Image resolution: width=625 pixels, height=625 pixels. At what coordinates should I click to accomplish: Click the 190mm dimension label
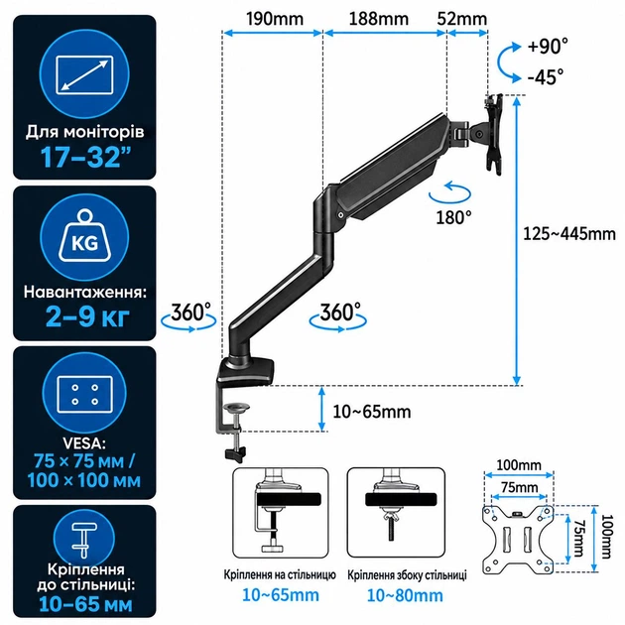[x=275, y=19]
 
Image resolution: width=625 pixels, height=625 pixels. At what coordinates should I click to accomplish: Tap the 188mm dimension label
[x=379, y=19]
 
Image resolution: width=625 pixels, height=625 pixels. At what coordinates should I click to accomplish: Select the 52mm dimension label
[x=462, y=19]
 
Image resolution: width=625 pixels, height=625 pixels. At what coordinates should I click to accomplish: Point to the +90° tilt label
[x=548, y=46]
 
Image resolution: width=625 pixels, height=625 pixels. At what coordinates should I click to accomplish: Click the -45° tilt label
[x=546, y=76]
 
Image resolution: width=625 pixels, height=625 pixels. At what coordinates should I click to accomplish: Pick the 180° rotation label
[x=453, y=217]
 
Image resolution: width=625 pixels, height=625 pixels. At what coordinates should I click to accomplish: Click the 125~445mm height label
[x=569, y=234]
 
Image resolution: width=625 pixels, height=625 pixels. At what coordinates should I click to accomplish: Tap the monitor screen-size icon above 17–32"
[x=84, y=75]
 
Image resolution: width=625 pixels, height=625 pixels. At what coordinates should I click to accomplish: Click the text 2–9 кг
[x=87, y=316]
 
